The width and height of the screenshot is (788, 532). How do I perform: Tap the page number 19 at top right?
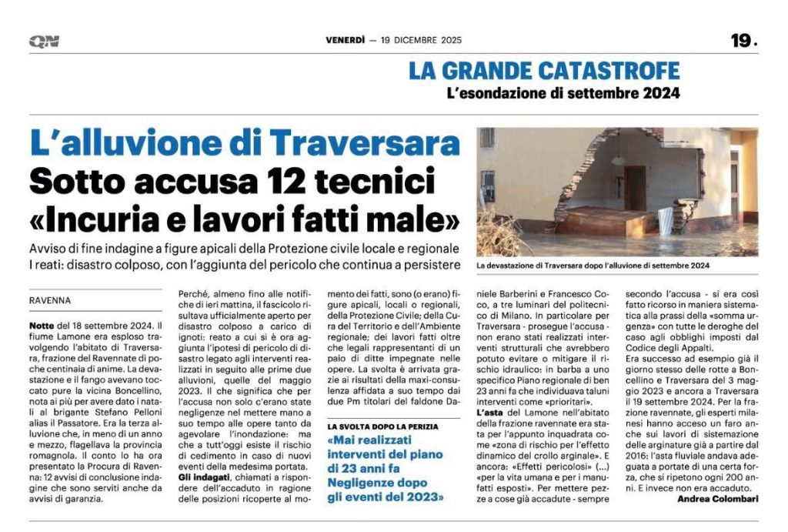click(x=743, y=41)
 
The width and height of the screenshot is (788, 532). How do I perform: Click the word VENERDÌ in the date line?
click(x=346, y=41)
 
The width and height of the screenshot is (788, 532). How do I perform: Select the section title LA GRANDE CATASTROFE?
click(x=544, y=72)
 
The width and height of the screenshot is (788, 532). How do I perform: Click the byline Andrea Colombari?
click(x=717, y=499)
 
